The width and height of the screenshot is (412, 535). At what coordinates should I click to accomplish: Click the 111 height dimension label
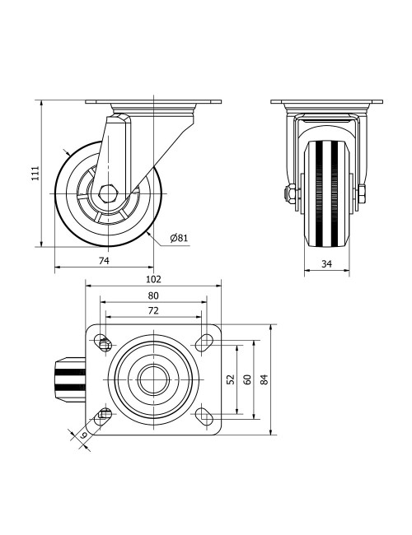pos(36,173)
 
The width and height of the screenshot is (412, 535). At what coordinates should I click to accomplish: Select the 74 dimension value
pos(104,261)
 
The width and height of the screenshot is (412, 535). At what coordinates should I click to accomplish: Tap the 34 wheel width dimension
pos(326,263)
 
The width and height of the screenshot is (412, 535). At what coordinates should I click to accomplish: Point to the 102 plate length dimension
pos(153,279)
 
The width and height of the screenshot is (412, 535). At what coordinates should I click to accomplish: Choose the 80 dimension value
pos(153,295)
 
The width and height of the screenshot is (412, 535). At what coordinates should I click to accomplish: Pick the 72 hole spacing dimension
pos(153,310)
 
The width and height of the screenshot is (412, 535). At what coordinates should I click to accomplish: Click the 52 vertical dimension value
pos(232,379)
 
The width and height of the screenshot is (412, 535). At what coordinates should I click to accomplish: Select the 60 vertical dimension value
pos(247,379)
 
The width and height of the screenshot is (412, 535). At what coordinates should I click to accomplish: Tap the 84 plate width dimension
pos(264,379)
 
